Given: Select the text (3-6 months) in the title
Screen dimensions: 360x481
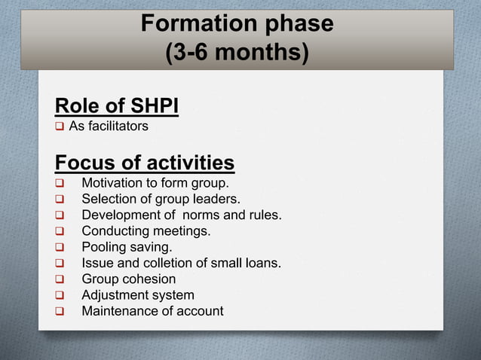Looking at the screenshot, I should tap(237, 53).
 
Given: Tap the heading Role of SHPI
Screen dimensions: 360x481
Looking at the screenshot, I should tap(117, 106).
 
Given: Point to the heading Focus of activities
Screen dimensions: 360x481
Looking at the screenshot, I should tap(145, 163).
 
